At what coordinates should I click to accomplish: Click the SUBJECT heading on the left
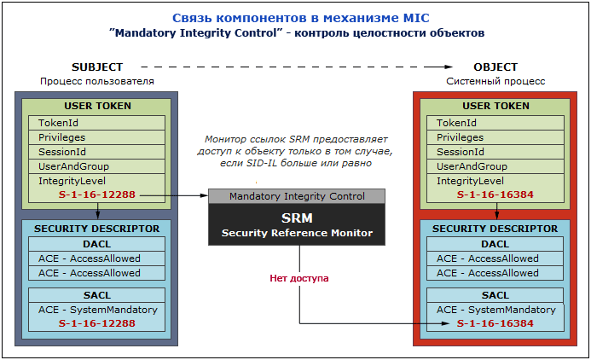pyautogui.click(x=97, y=67)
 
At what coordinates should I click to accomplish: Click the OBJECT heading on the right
pyautogui.click(x=495, y=67)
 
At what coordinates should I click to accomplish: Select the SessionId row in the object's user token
pyautogui.click(x=461, y=152)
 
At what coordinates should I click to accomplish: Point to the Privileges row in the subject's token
pyautogui.click(x=63, y=137)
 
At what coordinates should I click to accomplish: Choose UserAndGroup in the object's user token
pyautogui.click(x=472, y=166)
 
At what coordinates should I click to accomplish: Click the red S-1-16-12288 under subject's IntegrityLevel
pyautogui.click(x=96, y=195)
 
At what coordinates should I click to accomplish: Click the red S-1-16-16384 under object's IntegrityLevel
pyautogui.click(x=495, y=195)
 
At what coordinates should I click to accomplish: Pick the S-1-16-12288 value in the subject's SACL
pyautogui.click(x=96, y=324)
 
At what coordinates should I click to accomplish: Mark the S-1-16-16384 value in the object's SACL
pyautogui.click(x=495, y=324)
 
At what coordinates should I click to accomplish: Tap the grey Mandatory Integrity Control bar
pyautogui.click(x=297, y=196)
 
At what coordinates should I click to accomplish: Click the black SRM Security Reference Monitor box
pyautogui.click(x=297, y=224)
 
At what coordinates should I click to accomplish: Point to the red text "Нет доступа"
pyautogui.click(x=299, y=278)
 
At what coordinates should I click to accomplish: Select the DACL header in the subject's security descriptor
pyautogui.click(x=96, y=244)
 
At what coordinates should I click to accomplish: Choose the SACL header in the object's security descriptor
pyautogui.click(x=495, y=295)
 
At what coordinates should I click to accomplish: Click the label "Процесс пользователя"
pyautogui.click(x=96, y=81)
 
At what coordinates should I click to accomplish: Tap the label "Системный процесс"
pyautogui.click(x=495, y=81)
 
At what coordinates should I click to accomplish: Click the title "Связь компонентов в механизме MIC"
pyautogui.click(x=296, y=17)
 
